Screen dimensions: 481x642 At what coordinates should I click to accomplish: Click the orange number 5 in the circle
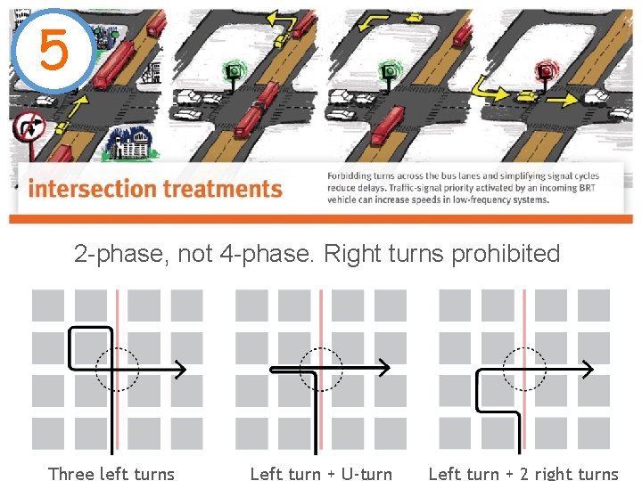tap(53, 50)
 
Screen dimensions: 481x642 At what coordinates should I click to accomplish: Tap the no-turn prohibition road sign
tap(30, 130)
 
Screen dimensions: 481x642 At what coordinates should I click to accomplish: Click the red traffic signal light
tap(543, 70)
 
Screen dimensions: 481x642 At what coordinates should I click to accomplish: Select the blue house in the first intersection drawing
tap(128, 143)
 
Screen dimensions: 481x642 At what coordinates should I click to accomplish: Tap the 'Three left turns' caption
tap(111, 473)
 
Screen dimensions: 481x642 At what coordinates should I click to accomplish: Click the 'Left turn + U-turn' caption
tap(321, 473)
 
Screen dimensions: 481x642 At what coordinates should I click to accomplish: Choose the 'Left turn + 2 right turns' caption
tap(523, 473)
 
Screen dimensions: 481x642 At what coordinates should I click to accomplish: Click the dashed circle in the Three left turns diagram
tap(117, 369)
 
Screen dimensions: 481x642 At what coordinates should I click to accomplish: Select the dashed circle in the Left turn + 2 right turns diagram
tap(524, 369)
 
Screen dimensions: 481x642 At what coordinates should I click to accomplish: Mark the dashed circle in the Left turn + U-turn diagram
tap(320, 369)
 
